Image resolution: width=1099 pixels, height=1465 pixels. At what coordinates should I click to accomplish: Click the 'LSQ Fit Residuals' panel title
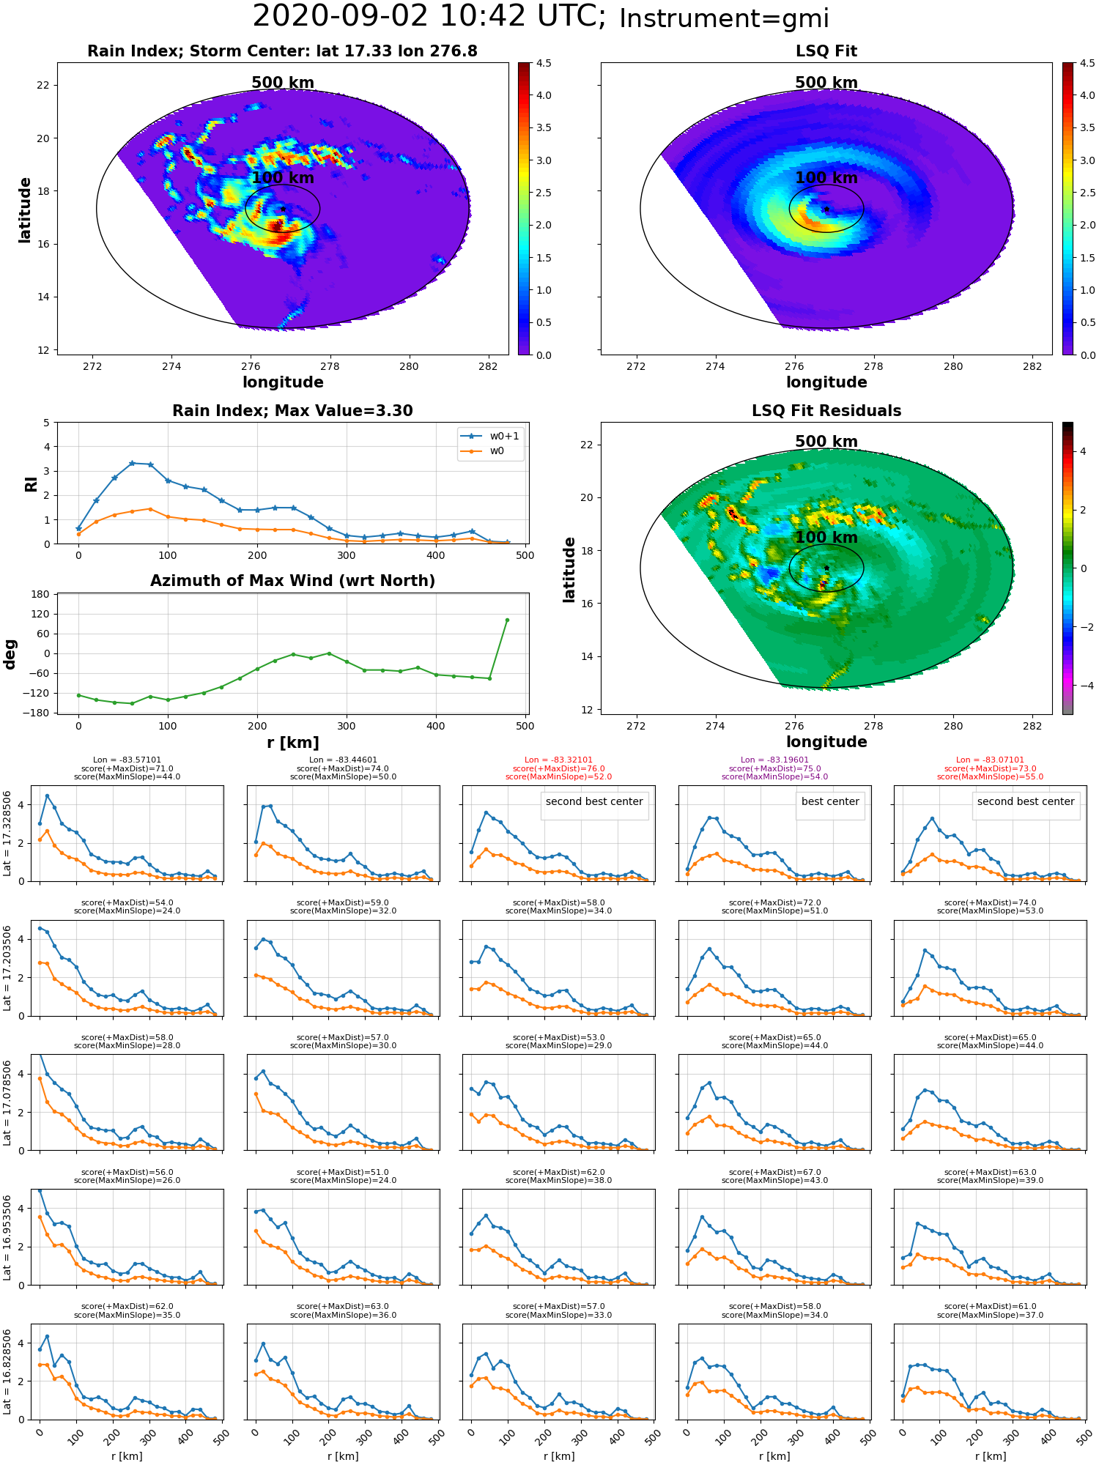[x=826, y=411]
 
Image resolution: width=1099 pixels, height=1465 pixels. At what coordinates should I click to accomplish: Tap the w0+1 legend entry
[x=490, y=436]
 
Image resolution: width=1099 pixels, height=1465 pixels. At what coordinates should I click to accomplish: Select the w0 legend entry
[x=483, y=451]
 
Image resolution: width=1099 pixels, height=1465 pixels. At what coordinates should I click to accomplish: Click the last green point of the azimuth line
[x=507, y=620]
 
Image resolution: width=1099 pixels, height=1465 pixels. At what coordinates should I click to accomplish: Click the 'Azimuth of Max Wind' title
[x=292, y=581]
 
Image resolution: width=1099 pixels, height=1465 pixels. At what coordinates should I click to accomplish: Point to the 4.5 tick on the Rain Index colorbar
[x=543, y=63]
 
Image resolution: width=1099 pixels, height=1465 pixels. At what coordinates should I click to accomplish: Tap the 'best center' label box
[x=830, y=801]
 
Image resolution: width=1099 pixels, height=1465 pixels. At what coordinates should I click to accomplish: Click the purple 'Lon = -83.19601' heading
[x=774, y=760]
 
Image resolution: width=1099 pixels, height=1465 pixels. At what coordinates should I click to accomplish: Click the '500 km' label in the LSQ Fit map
[x=826, y=83]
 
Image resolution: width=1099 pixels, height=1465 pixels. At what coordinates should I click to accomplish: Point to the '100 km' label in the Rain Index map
[x=283, y=178]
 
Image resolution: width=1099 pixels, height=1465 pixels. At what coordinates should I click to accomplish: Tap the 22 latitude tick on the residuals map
[x=586, y=445]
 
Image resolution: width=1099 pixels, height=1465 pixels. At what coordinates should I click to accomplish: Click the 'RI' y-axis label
[x=31, y=484]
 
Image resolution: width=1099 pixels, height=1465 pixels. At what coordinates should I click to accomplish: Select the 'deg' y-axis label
[x=10, y=654]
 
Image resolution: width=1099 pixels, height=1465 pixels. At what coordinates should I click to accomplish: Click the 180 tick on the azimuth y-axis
[x=41, y=594]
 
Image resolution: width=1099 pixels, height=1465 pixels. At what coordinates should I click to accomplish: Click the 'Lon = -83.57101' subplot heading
[x=127, y=760]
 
